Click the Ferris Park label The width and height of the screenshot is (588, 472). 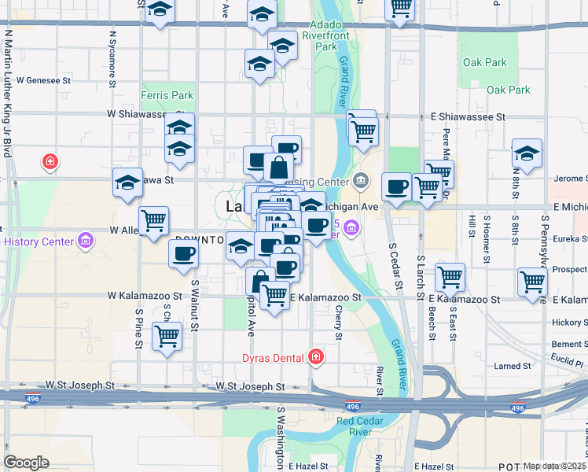point(167,96)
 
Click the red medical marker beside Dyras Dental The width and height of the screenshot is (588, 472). point(316,357)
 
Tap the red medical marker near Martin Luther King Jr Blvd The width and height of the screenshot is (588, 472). point(51,162)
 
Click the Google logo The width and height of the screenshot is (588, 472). point(26,462)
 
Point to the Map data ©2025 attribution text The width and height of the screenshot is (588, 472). point(554,466)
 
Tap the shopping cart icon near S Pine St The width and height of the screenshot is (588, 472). point(167,336)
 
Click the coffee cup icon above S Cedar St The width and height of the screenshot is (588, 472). point(396,186)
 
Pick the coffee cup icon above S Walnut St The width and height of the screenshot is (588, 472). point(184,253)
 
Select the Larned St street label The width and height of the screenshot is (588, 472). point(513,366)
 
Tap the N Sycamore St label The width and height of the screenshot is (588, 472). point(113,55)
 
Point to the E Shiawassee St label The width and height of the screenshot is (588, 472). point(470,116)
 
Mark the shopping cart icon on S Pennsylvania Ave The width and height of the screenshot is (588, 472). point(533,281)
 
